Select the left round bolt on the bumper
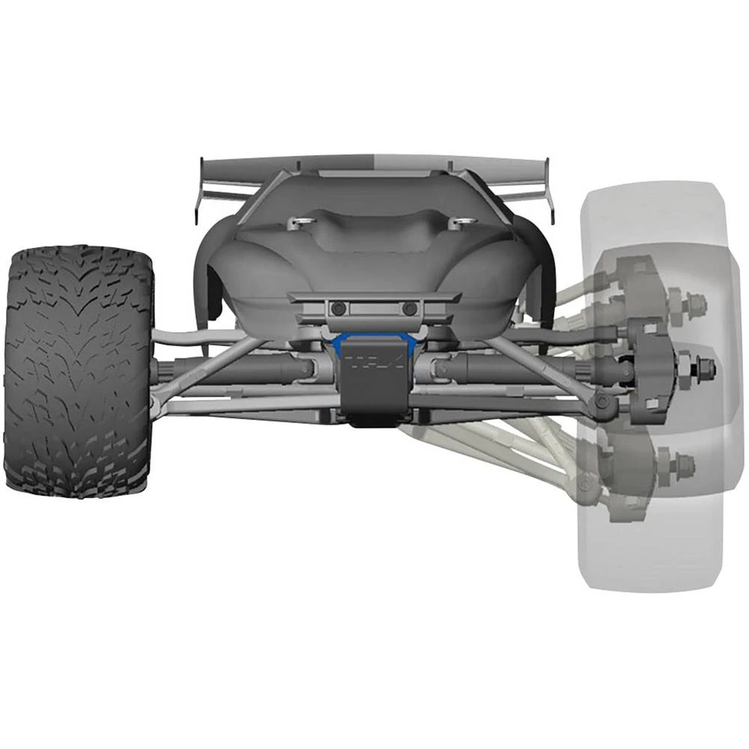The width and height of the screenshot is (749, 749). coord(339,309)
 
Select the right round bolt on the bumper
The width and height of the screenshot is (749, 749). coord(409,309)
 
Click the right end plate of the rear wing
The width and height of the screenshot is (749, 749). coord(551,191)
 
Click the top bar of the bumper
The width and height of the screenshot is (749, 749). coord(374,297)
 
